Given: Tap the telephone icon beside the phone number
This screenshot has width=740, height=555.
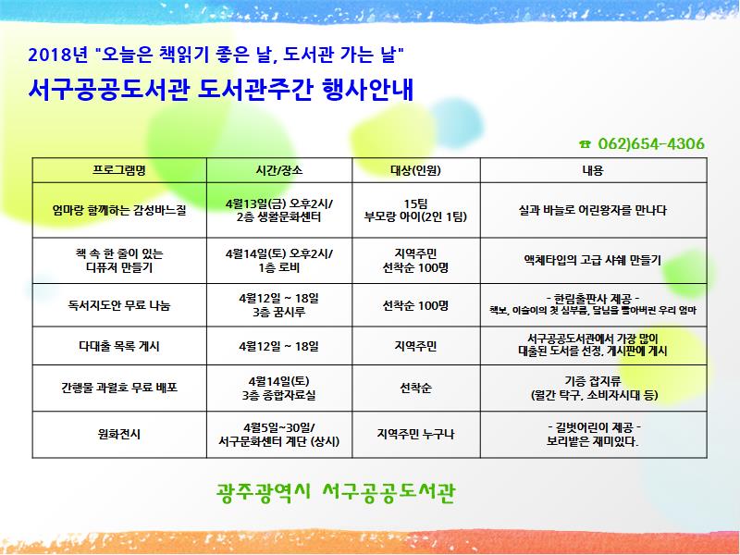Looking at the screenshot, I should pos(585,144).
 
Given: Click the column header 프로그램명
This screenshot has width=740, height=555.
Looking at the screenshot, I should pos(120,171).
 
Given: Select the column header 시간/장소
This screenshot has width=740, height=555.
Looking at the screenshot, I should pos(279,171).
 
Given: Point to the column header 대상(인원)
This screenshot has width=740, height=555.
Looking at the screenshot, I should pos(415,171).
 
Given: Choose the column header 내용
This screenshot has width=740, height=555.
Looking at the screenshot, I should pos(592,171).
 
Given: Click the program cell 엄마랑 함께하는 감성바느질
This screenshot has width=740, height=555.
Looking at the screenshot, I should pos(120,210).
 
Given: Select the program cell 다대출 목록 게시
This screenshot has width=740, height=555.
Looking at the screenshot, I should pos(120,346).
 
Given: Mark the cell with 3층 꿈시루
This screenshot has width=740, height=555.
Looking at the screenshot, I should pos(279,312).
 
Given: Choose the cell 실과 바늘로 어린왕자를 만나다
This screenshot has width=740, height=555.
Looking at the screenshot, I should pos(592,210).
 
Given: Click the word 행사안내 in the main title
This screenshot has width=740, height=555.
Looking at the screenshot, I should pos(364,90).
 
